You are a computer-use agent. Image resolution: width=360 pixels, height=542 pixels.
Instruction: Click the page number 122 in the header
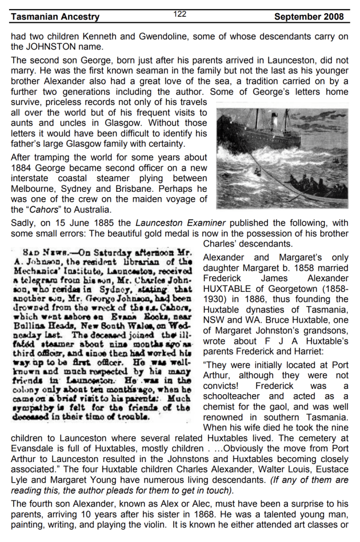(x=180, y=14)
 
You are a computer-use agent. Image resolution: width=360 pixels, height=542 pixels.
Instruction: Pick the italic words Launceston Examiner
(x=174, y=223)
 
